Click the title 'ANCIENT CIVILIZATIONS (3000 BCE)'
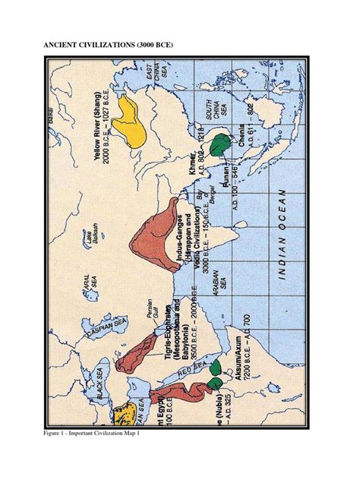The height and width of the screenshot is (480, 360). click(x=108, y=46)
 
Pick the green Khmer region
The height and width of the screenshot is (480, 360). click(x=221, y=144)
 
